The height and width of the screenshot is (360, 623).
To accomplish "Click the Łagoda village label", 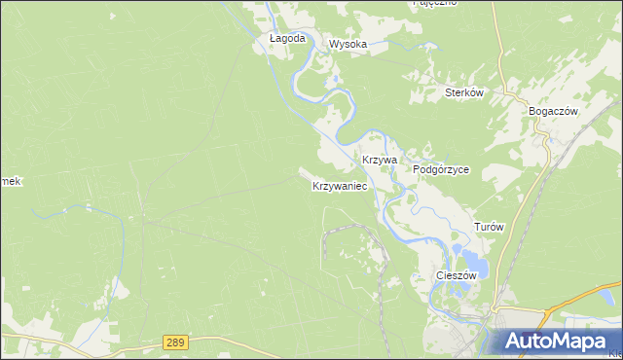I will [x=287, y=39].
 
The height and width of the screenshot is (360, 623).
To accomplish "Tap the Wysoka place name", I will [x=348, y=44].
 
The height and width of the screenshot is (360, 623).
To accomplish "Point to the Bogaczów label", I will [x=553, y=111].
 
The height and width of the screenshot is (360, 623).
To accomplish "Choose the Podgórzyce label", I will [x=441, y=169].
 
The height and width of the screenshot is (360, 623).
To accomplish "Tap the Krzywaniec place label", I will [x=339, y=185].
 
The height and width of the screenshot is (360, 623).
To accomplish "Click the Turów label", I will [x=489, y=227].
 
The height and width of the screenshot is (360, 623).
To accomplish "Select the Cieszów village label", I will [x=456, y=275].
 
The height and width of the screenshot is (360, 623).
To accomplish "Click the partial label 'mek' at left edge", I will [x=10, y=182].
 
